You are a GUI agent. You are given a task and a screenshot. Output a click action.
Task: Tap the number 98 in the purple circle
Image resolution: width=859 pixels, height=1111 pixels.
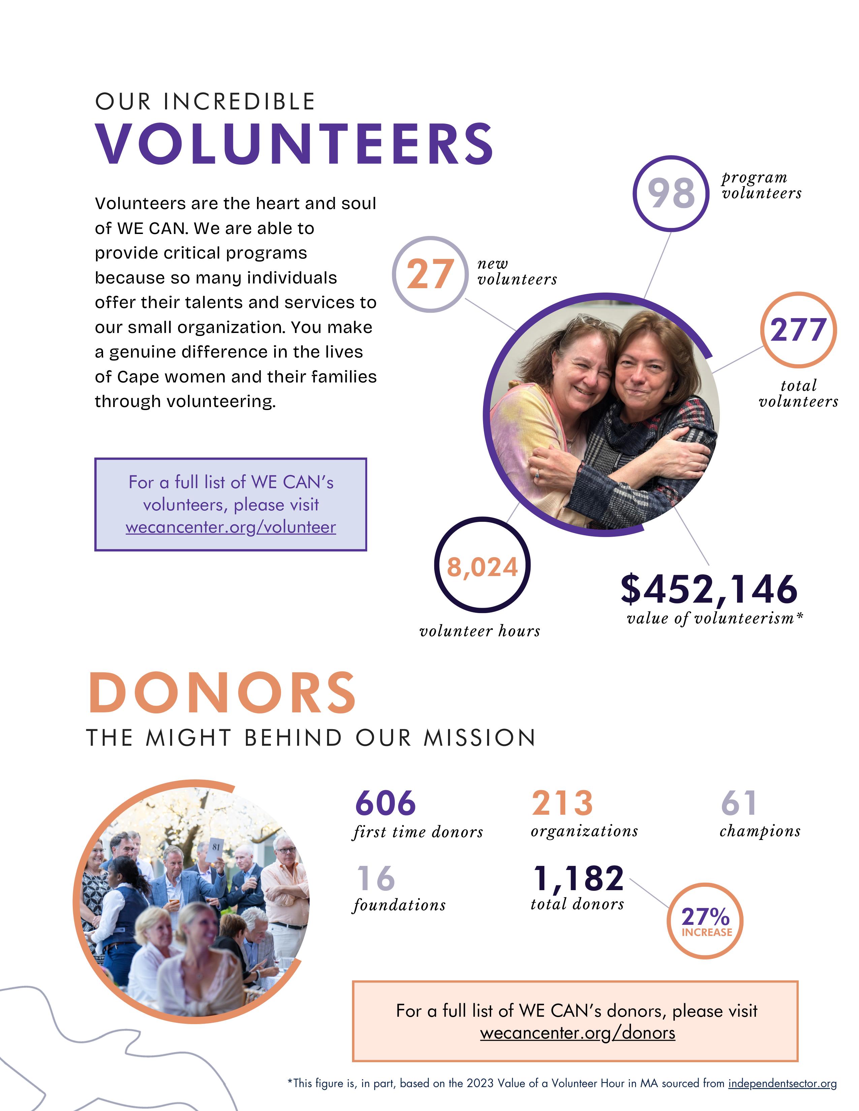(671, 193)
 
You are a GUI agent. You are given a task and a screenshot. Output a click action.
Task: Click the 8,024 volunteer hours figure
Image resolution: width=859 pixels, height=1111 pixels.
(482, 567)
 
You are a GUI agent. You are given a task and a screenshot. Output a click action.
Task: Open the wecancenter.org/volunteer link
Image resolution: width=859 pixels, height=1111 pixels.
(230, 527)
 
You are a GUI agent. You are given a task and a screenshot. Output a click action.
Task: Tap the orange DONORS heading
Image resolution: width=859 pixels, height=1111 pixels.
(222, 693)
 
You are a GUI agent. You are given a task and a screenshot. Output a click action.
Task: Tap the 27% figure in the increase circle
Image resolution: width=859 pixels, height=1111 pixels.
(705, 917)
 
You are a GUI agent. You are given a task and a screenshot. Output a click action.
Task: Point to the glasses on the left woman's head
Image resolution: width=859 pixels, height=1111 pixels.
(590, 321)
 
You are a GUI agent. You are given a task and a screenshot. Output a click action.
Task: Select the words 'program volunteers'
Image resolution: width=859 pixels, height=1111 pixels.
(761, 185)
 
